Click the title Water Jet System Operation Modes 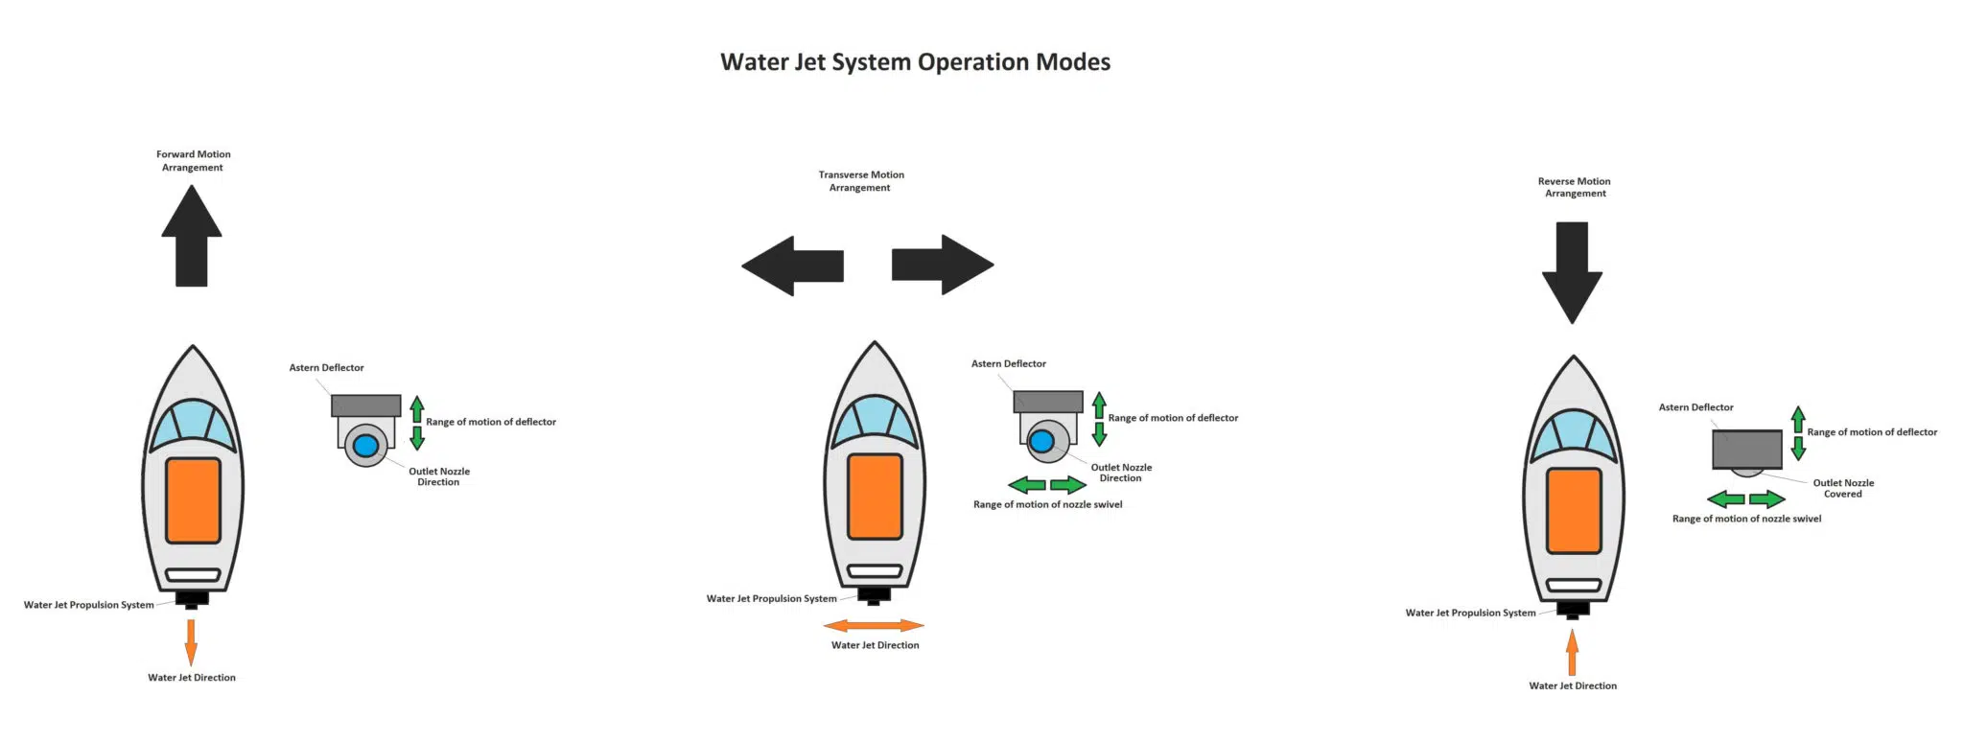[x=915, y=62]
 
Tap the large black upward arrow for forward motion [x=192, y=237]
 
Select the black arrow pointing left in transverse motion [x=793, y=266]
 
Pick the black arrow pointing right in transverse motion [x=943, y=265]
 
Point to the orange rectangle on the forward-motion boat [x=193, y=499]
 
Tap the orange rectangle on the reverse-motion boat [x=1574, y=510]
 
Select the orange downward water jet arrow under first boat [x=191, y=641]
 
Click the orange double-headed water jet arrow [x=874, y=626]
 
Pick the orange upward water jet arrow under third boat [x=1572, y=654]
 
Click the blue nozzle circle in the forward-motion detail [x=365, y=446]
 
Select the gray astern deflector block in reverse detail [x=1747, y=449]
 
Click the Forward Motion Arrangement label [x=193, y=160]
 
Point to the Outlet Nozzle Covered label [x=1843, y=488]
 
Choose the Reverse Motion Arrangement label [x=1575, y=187]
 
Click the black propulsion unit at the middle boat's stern [x=874, y=595]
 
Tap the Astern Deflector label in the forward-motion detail [x=326, y=368]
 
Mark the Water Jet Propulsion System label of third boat [x=1470, y=613]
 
